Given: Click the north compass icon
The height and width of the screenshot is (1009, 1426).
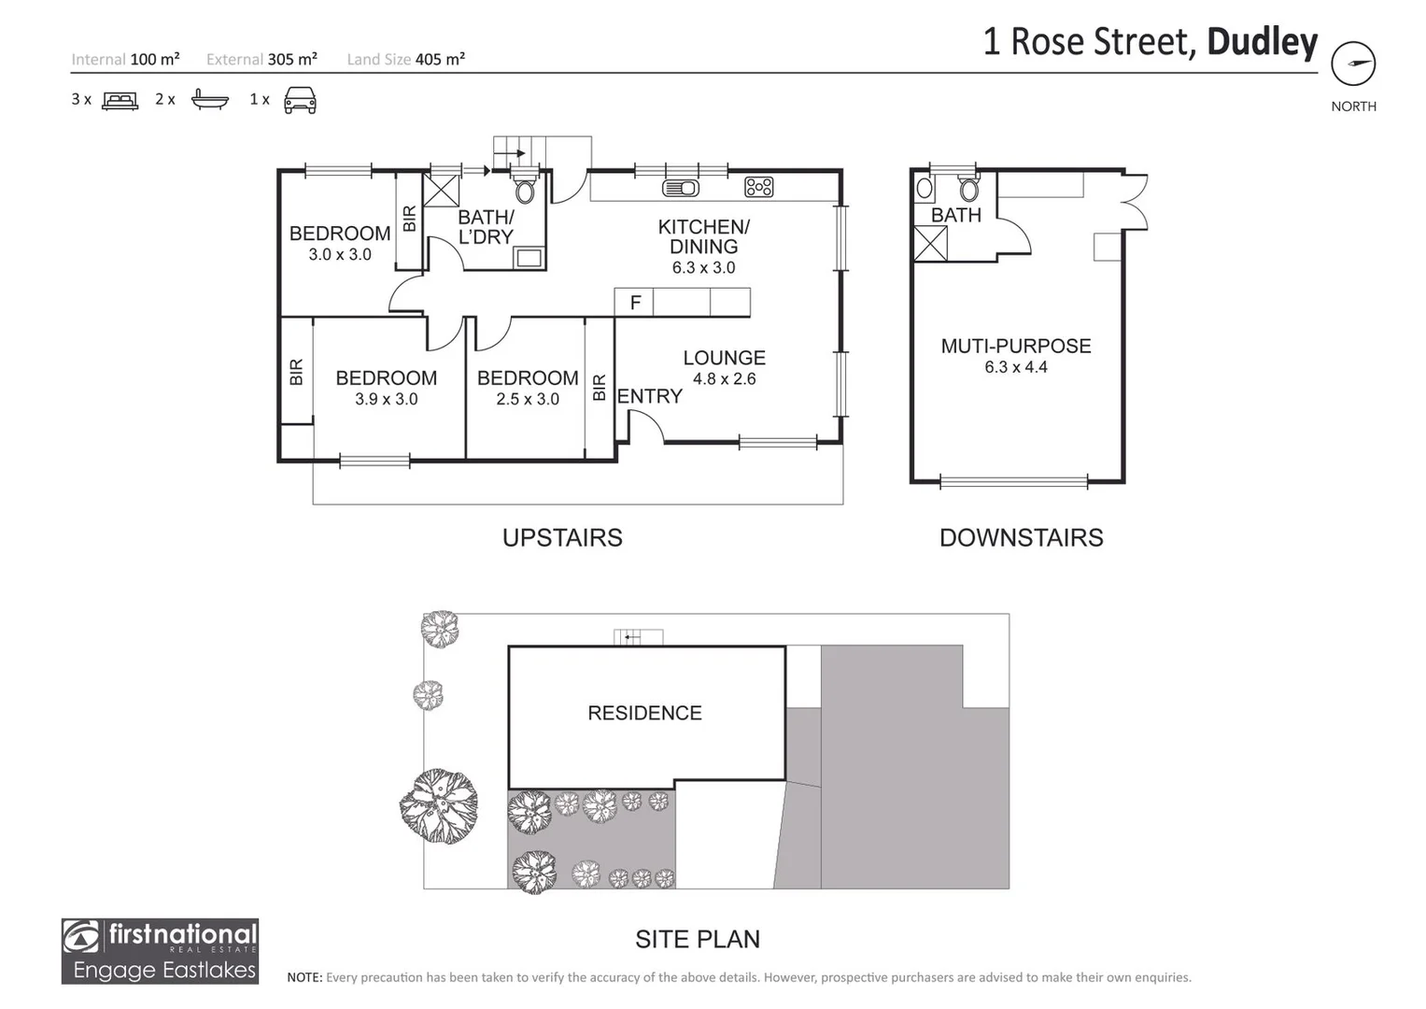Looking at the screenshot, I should [1352, 64].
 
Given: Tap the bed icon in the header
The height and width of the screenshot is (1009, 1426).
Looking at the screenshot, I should [120, 100].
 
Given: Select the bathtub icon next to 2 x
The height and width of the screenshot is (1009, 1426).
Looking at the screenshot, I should [209, 100].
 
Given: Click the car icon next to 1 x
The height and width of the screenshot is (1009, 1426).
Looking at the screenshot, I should [300, 100].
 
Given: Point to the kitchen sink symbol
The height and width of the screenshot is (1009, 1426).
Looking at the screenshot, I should [680, 188].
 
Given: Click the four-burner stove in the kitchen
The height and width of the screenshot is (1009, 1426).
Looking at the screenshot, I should [758, 188].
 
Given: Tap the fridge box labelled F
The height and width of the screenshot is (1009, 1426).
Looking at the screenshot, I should [634, 303].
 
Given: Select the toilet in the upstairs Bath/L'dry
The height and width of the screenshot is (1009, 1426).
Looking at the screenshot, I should [525, 190].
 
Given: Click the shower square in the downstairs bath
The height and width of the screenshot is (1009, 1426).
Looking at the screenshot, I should [930, 244].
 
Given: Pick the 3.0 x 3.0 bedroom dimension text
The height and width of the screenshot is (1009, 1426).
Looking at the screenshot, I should [340, 254].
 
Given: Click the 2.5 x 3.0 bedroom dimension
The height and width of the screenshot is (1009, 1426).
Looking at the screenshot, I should [528, 399].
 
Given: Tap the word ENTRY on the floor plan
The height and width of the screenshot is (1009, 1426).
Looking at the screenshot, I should [649, 396].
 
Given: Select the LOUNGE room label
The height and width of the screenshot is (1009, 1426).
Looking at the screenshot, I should [724, 358].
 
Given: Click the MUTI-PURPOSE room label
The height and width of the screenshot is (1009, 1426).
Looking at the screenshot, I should [1016, 346].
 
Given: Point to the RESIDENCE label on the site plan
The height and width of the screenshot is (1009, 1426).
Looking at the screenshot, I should [644, 713].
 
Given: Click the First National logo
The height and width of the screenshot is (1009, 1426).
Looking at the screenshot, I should [160, 950].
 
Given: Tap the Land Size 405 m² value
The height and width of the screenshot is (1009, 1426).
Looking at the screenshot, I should [440, 59].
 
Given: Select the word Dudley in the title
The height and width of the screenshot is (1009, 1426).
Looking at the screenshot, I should [1262, 42].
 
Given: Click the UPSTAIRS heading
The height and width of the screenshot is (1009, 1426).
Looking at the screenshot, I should [562, 537].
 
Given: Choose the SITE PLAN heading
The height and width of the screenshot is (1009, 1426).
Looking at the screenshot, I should [698, 939].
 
